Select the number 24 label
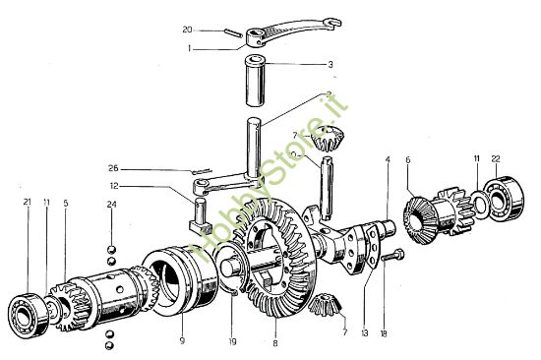tap(112, 205)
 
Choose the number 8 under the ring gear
tap(276, 342)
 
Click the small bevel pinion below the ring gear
tap(325, 310)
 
